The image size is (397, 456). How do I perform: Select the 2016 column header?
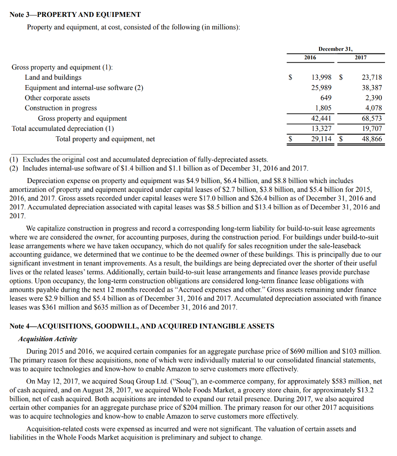coord(310,57)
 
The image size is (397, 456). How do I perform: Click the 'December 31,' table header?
coord(335,49)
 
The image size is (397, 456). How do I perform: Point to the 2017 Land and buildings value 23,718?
coord(371,77)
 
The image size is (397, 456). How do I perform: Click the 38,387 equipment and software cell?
coord(371,88)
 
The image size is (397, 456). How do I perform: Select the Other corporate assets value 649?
coord(326,98)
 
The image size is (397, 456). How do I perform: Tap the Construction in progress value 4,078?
coord(373,108)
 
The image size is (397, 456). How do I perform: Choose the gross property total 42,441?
coord(321,118)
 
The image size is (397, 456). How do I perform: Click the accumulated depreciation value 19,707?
coord(371,129)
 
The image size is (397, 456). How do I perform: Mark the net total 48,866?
coord(371,139)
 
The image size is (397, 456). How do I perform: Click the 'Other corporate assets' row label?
coord(57,98)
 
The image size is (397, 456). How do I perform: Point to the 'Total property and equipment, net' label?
coord(105,139)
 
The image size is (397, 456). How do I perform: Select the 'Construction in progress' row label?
coord(61,108)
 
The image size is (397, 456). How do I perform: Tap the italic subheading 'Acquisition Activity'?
coord(48,339)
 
